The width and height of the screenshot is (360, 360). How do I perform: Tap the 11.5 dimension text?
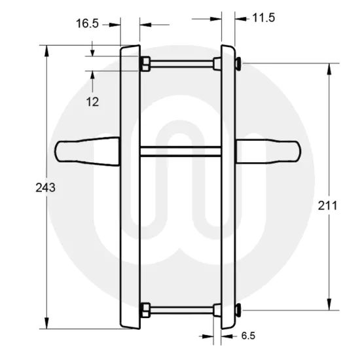(263, 18)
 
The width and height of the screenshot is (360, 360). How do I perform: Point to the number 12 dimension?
(92, 101)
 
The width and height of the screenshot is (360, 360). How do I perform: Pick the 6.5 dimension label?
(248, 336)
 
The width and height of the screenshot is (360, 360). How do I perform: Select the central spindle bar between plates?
(179, 152)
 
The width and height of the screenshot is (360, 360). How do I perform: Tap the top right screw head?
(237, 63)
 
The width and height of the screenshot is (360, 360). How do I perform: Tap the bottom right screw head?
(237, 309)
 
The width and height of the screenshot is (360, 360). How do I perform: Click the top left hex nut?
(145, 63)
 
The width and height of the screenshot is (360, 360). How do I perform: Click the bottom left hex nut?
(145, 309)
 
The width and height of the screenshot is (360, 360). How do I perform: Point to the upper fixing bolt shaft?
(180, 63)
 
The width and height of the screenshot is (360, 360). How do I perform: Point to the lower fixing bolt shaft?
(180, 309)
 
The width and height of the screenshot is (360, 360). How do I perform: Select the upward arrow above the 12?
(93, 77)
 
